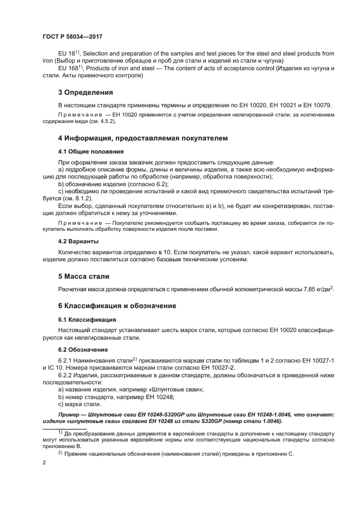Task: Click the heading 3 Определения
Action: (86, 92)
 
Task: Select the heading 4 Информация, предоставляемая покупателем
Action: (143, 138)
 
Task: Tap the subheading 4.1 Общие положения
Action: (90, 151)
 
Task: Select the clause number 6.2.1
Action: (66, 360)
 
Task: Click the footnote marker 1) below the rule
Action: (61, 432)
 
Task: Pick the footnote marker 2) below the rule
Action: (61, 452)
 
